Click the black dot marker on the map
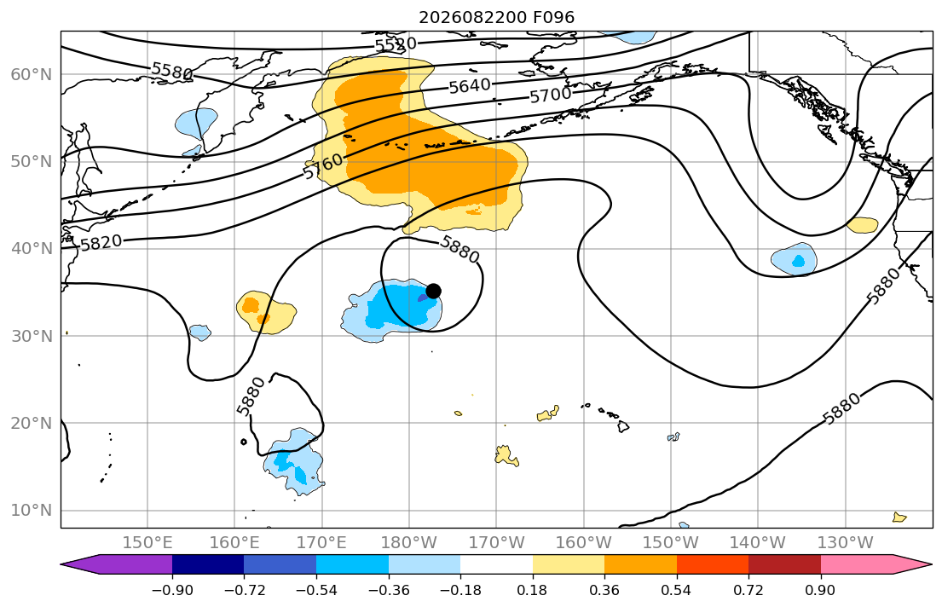433,291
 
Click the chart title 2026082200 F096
496,17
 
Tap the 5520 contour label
396,44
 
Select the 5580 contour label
172,71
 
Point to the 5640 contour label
470,86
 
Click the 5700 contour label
551,95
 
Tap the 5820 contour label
101,243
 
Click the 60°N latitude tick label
32,74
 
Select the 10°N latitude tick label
32,511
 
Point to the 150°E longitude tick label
147,543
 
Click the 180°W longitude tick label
409,543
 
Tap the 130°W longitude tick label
846,543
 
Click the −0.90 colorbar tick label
172,590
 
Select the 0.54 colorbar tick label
677,590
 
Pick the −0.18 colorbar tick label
461,590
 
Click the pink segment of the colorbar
857,564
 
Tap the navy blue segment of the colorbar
208,564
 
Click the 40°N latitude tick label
32,249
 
